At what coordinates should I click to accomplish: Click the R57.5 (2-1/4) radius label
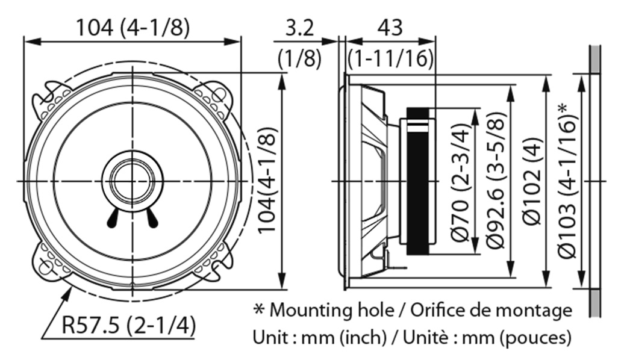129,326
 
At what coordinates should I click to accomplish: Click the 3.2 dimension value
299,28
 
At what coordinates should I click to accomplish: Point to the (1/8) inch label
299,58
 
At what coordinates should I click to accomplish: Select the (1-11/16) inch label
391,58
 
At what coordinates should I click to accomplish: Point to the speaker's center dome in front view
132,181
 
